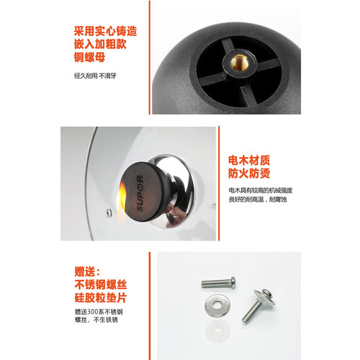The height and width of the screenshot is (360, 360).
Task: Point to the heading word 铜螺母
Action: pyautogui.click(x=87, y=59)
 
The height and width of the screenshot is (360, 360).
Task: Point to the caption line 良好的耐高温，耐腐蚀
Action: pyautogui.click(x=258, y=202)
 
